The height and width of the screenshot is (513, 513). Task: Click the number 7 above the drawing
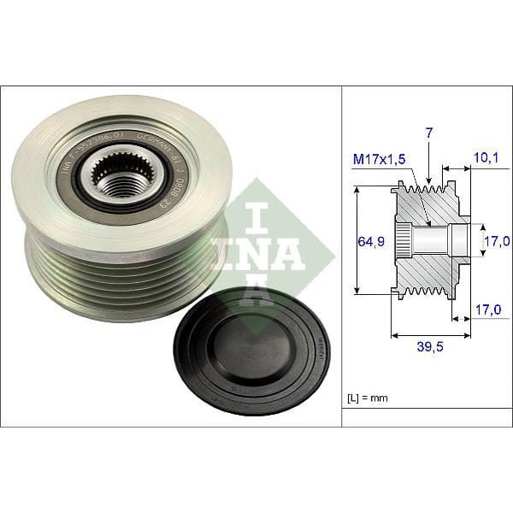click(428, 133)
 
